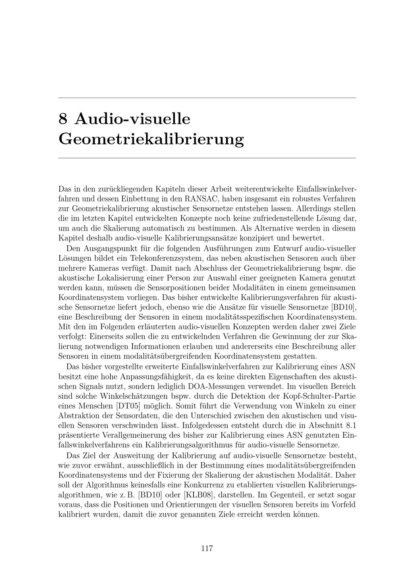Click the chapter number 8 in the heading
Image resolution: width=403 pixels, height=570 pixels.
pos(62,119)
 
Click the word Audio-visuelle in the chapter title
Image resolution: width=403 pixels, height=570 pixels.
pos(133,119)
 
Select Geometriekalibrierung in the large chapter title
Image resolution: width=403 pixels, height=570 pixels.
pos(151,139)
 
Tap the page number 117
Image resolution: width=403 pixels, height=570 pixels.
pos(207,548)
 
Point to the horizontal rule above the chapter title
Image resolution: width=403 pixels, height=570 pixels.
pos(207,98)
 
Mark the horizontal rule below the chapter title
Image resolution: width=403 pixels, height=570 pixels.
pos(207,158)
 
